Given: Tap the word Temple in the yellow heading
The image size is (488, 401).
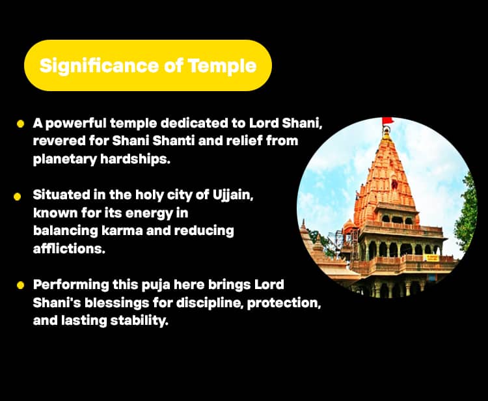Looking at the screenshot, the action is tap(222, 66).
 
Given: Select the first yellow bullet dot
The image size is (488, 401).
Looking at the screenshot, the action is tap(21, 124).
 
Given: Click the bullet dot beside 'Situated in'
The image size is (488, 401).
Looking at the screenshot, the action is tap(18, 197).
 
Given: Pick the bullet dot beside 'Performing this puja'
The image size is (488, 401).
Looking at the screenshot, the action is tap(21, 285).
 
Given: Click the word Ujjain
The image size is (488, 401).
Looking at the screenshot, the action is tap(233, 196).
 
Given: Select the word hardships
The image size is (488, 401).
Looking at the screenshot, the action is tap(135, 159).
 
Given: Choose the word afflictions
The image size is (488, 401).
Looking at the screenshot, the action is tap(69, 249).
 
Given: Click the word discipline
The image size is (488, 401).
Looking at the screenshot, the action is tap(210, 303).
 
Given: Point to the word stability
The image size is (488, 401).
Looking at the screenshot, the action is tap(139, 321).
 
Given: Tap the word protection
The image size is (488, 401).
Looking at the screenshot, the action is tap(284, 303).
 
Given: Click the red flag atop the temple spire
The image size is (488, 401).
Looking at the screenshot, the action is tap(388, 120).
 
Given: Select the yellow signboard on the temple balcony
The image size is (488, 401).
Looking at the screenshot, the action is tap(431, 258).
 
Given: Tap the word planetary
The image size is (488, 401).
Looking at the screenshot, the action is tap(64, 159).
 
